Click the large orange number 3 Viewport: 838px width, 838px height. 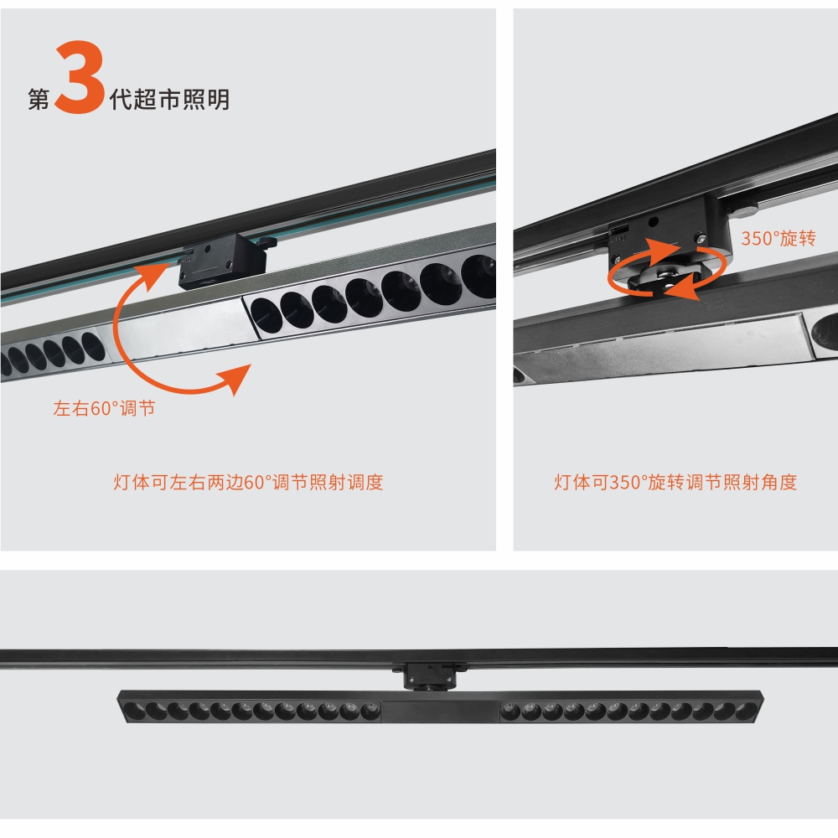[80, 77]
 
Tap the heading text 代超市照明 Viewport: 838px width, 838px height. [169, 100]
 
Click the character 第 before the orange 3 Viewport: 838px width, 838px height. [39, 100]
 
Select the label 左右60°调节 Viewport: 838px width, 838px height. [104, 408]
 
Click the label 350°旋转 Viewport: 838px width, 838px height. [779, 238]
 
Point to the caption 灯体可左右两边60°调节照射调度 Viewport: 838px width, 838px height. [248, 482]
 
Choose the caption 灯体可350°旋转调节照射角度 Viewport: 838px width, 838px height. [675, 482]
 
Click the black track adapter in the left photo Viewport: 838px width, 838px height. [224, 261]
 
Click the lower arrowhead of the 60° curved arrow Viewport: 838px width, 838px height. [235, 378]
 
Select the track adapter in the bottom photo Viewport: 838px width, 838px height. [430, 676]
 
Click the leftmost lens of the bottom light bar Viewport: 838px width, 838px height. [134, 711]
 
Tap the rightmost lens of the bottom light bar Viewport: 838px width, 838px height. [746, 711]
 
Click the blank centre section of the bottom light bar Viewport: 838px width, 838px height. [441, 711]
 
